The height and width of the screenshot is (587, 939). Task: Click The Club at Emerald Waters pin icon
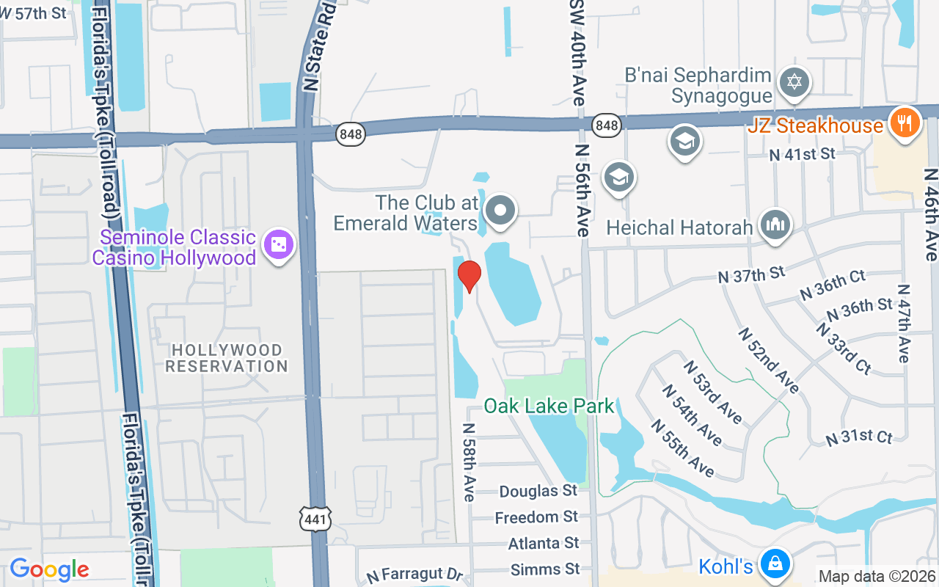501,210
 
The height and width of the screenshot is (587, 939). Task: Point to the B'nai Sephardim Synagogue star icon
794,81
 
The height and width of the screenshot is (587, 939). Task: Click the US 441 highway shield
316,519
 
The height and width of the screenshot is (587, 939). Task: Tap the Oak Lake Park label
549,406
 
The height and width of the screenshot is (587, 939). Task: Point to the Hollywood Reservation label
226,358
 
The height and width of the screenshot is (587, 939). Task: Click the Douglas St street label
538,491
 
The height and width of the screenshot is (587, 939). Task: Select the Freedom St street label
536,517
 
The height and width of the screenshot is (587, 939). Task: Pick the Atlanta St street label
544,544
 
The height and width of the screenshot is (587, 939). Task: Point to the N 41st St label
802,153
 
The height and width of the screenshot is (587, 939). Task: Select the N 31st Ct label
859,437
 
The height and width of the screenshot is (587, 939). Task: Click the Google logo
49,569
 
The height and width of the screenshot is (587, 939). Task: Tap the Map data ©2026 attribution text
877,577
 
